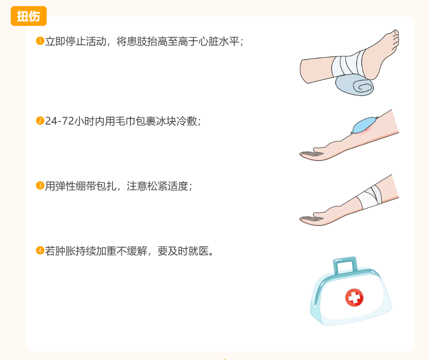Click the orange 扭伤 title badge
point(29,16)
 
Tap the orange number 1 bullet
point(40,41)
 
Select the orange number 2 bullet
point(40,121)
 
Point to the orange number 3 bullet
point(40,186)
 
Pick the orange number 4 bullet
point(40,250)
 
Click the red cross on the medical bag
point(354,297)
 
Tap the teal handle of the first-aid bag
point(345,265)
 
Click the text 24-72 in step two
point(59,121)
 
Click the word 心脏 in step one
point(208,41)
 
